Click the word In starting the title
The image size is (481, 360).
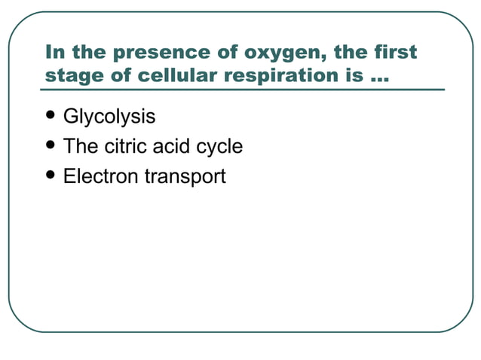click(x=54, y=53)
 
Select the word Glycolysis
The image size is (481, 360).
click(x=109, y=117)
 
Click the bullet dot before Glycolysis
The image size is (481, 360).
click(x=51, y=117)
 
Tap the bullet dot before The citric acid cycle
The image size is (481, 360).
click(x=51, y=146)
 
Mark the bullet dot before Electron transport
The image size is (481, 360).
click(x=51, y=176)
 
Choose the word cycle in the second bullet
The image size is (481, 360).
click(x=221, y=147)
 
